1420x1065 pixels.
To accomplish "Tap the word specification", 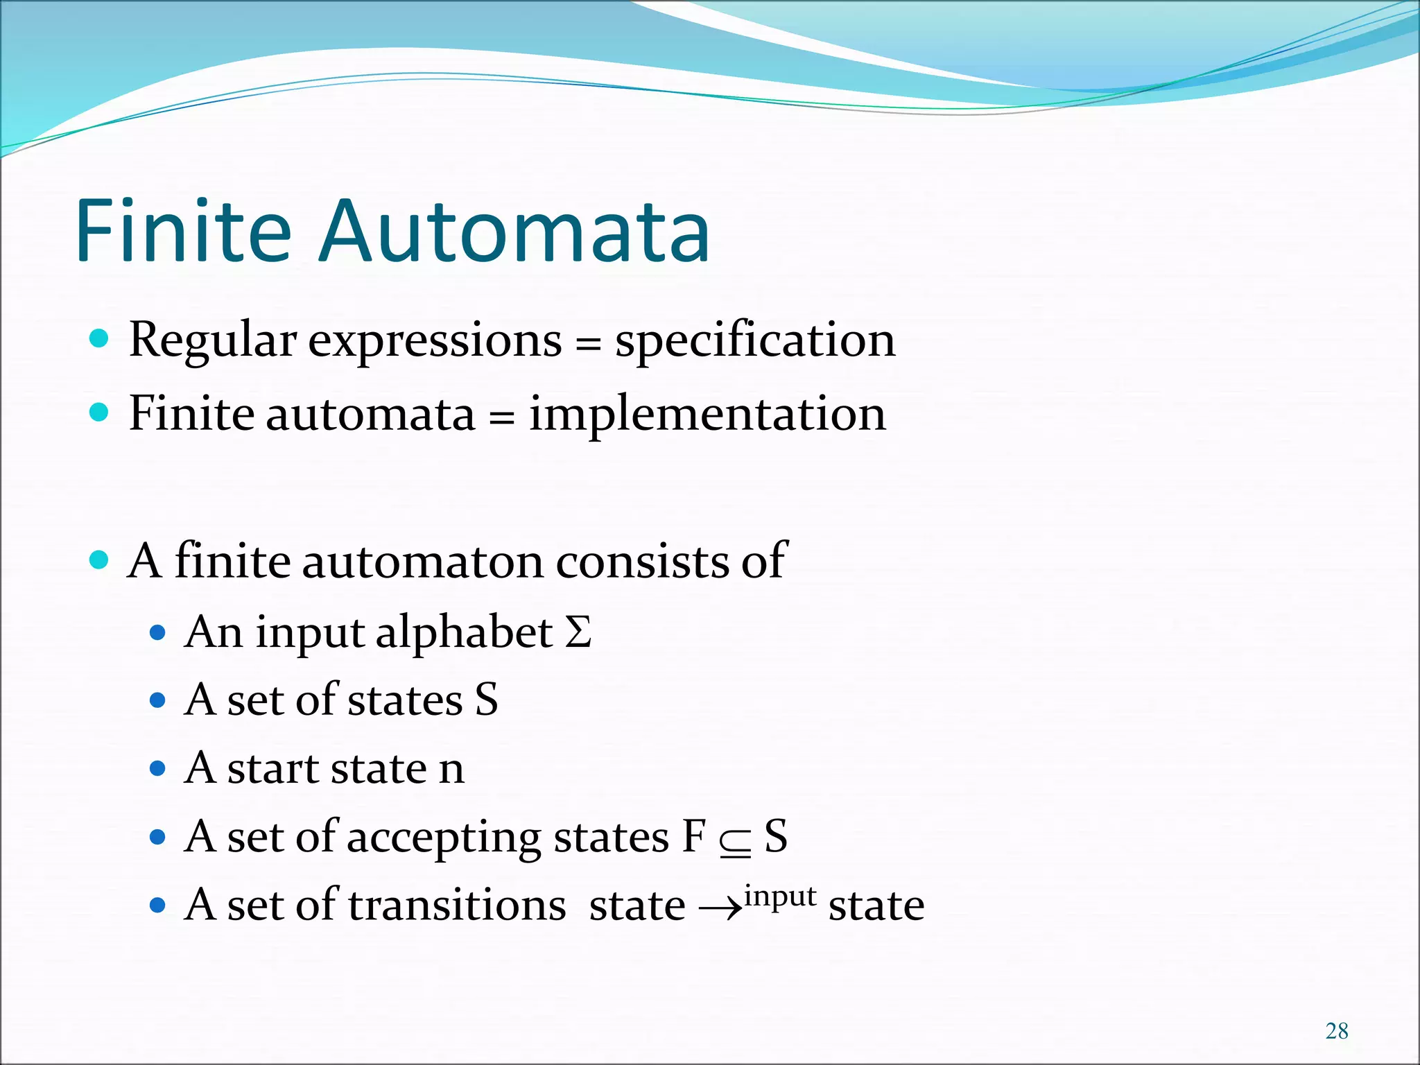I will click(755, 341).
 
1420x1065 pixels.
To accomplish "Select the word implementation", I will click(707, 415).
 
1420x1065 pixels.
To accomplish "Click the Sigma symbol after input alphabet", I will click(578, 632).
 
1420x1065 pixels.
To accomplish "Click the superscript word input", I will click(780, 897).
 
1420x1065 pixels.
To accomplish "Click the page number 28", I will click(1337, 1031).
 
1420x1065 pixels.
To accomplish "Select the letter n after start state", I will click(451, 770).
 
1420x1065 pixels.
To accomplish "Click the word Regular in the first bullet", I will click(213, 341).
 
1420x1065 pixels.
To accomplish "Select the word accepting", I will click(443, 838).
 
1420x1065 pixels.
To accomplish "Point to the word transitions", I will click(457, 906).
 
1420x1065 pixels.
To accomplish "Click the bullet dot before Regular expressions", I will click(100, 338).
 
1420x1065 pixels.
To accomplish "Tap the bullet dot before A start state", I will click(158, 768).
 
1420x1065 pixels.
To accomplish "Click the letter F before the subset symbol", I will click(693, 837).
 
